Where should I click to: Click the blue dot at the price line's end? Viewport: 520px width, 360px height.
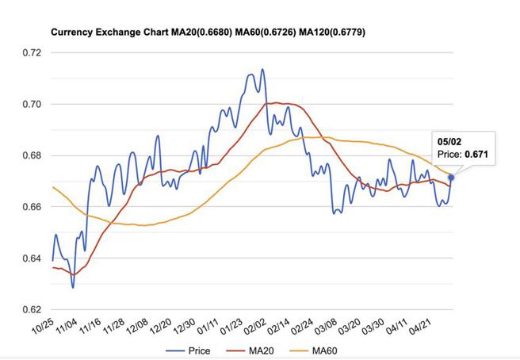coord(451,177)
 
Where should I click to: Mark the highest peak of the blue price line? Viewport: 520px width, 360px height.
coord(262,70)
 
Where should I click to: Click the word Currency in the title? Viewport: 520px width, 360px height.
coord(71,33)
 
